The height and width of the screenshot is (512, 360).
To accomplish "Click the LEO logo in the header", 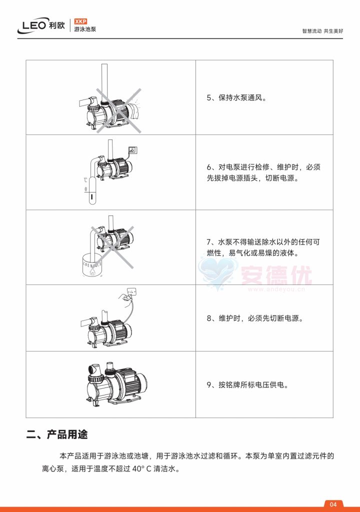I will coord(37,26).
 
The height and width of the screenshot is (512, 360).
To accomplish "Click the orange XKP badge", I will coord(80,21).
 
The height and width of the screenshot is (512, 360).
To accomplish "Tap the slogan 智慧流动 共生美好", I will coord(322,30).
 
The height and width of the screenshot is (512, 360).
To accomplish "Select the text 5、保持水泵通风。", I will coord(236,98).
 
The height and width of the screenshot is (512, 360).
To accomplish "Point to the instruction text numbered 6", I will coord(263,172).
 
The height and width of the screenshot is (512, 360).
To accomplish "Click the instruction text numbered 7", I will coord(263,247).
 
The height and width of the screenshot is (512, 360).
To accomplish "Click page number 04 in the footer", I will coord(334,503).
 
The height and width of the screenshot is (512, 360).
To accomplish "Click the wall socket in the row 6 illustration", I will coord(132,149).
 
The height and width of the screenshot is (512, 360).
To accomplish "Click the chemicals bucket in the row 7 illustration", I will coord(90,263).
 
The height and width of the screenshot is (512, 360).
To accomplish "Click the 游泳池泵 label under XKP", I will coord(85,30).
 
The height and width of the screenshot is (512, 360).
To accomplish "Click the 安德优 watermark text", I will coord(276,275).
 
